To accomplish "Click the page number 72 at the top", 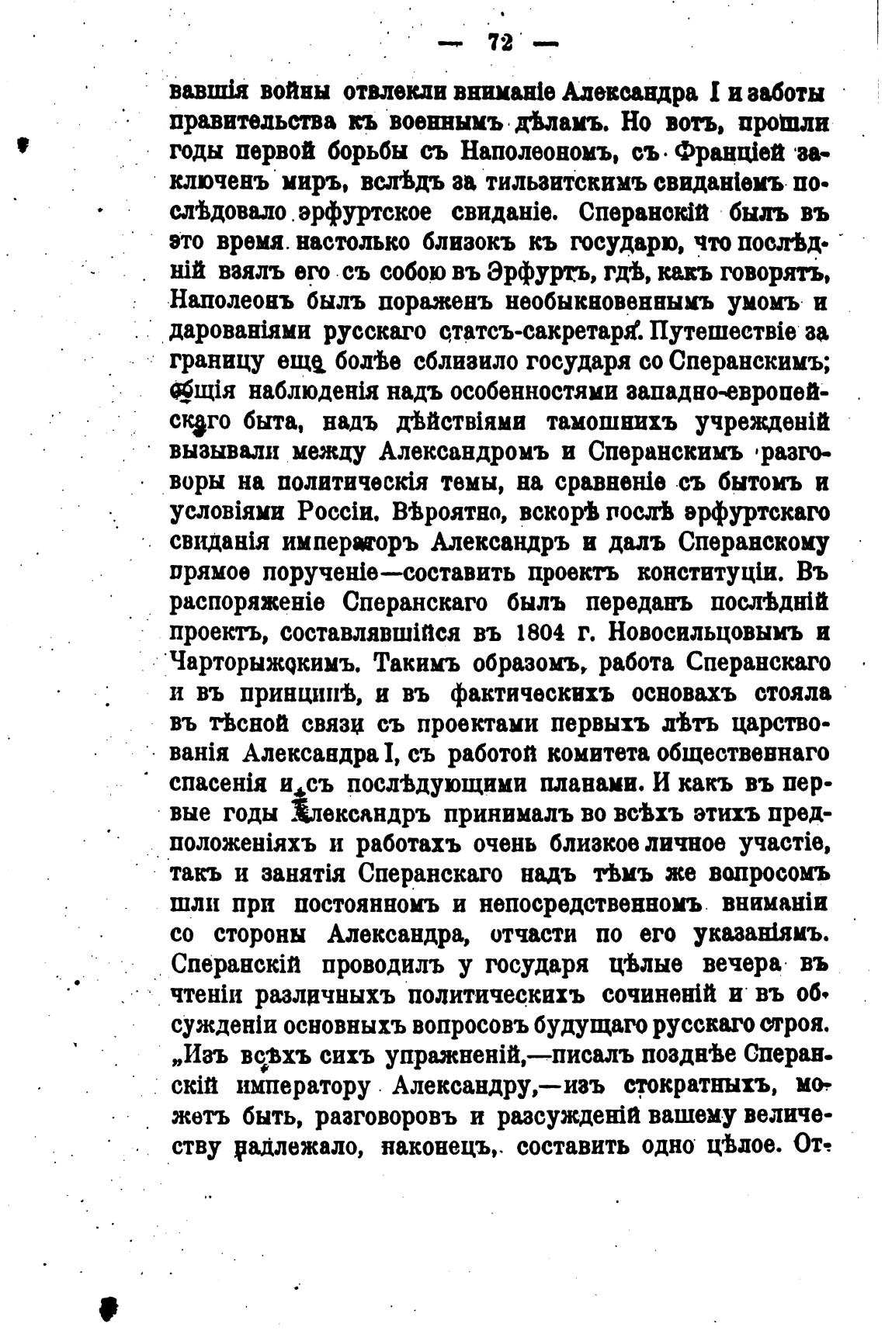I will click(x=499, y=43).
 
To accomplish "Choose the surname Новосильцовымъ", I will click(x=693, y=632).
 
